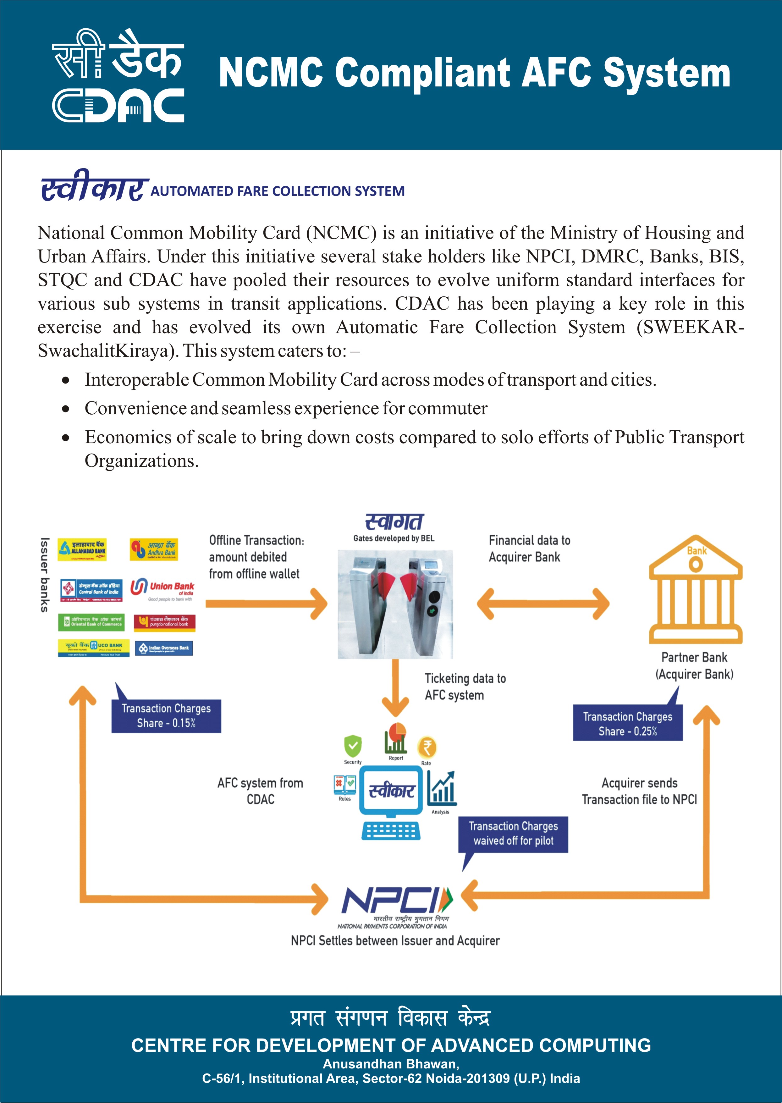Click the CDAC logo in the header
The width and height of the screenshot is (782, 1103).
coord(118,75)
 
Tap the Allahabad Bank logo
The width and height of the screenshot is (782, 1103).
coord(82,549)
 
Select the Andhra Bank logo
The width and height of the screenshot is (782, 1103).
coord(154,549)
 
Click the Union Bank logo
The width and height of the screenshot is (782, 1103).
coord(162,590)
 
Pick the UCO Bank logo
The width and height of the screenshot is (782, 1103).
coord(93,648)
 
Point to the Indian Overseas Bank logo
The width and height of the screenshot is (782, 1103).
coord(164,648)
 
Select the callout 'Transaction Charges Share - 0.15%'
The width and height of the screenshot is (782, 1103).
coord(166,716)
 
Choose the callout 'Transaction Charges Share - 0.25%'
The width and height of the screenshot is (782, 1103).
coord(627,724)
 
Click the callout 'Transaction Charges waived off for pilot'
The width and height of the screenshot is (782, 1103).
coord(513,834)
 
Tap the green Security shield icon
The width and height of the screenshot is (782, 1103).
coord(352,746)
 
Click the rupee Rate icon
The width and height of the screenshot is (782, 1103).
coord(427,748)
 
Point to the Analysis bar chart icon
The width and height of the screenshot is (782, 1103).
coord(442,789)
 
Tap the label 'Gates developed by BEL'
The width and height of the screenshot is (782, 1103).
coord(394,538)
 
